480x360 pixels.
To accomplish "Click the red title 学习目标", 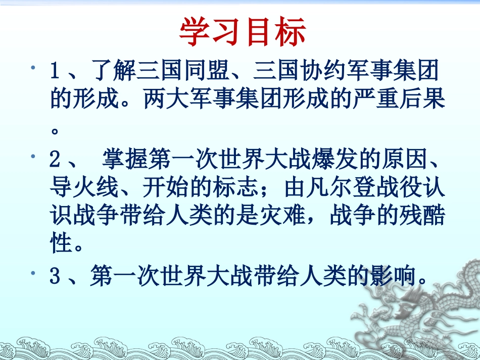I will [243, 33].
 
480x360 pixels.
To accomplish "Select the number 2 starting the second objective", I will [55, 161].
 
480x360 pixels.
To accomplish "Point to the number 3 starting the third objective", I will [55, 276].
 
